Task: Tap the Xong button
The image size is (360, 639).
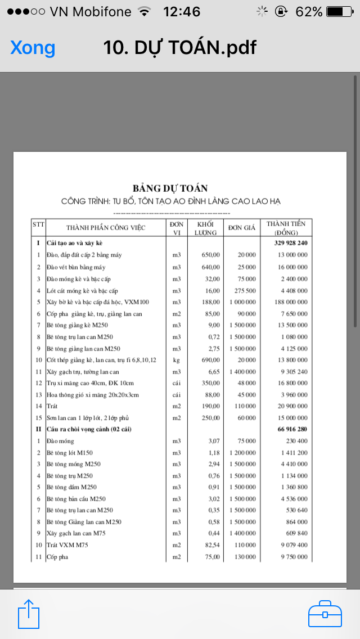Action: coord(33,48)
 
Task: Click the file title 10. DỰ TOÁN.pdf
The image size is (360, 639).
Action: coord(179,48)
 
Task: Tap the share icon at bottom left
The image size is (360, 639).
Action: coord(29,613)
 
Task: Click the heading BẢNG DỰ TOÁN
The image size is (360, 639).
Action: coord(170,188)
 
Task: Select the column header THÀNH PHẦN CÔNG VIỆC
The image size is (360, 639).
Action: coord(106,228)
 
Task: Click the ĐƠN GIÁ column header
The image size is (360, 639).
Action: coord(242,228)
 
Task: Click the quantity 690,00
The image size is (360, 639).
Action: coord(210,359)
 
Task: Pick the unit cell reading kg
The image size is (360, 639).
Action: coord(177,359)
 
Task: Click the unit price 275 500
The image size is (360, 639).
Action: coord(242,290)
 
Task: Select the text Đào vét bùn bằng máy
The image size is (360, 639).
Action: coord(76,267)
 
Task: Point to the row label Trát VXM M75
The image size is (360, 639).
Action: coord(67,545)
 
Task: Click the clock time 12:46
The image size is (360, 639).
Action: coord(181,11)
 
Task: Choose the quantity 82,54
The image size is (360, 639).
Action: coord(210,545)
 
